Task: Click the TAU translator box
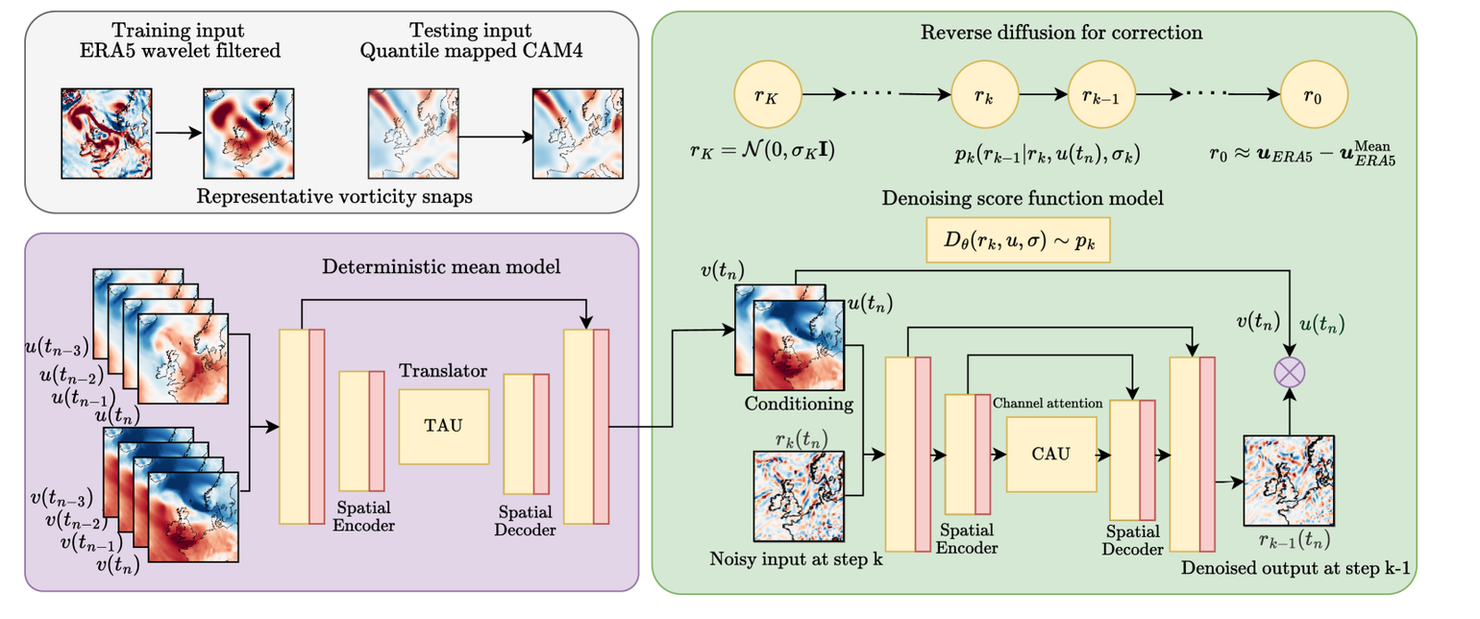pos(443,425)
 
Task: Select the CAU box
pos(1051,454)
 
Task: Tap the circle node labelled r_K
pos(766,97)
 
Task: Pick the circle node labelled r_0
pos(1316,97)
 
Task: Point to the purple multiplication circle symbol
pos(1289,372)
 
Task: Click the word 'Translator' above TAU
pos(443,370)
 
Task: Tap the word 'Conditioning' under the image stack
pos(799,404)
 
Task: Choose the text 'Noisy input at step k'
pos(796,558)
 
